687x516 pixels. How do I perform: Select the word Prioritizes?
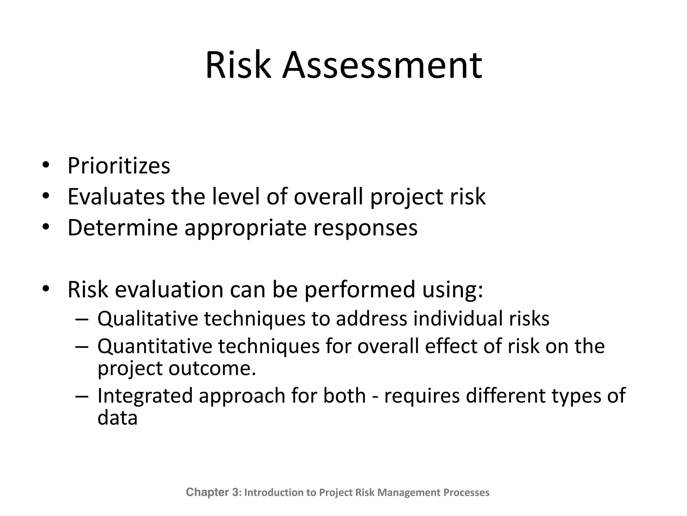tap(119, 166)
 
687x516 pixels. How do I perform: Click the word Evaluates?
tap(116, 197)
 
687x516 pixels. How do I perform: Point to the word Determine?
tap(122, 227)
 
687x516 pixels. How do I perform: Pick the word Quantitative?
tap(155, 346)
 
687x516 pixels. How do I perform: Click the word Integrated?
tap(145, 396)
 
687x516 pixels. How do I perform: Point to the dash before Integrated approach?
tap(82, 396)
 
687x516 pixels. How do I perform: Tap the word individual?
tap(458, 318)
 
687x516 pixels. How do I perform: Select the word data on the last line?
tap(117, 418)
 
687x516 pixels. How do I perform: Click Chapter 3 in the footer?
tap(212, 492)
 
